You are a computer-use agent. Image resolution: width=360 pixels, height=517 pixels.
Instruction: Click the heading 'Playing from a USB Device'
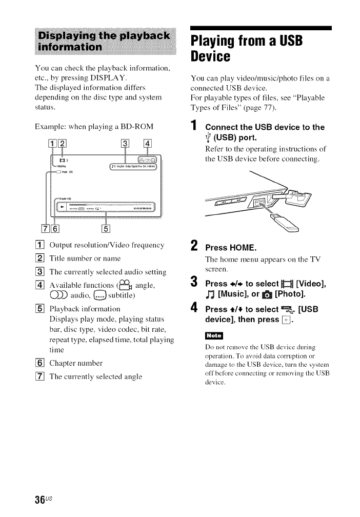pos(246,47)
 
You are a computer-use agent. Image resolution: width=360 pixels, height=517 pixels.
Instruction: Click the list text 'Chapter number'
pos(76,363)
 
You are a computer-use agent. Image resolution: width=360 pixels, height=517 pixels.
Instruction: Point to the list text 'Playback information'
pos(85,309)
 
